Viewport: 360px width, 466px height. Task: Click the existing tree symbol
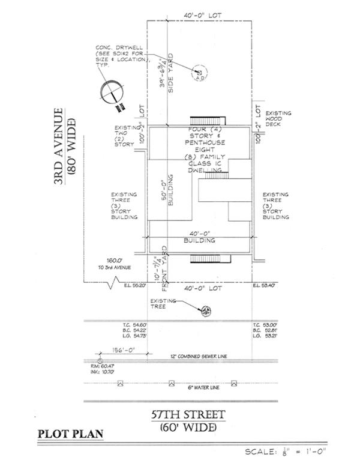point(206,310)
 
